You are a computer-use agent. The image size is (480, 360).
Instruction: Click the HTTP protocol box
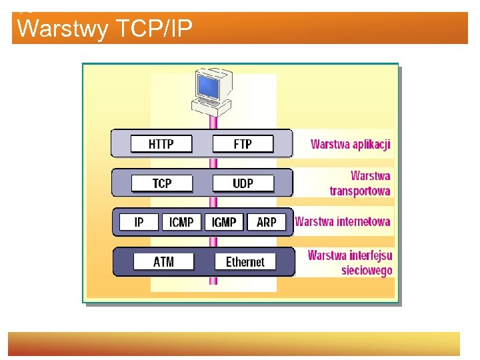pyautogui.click(x=161, y=144)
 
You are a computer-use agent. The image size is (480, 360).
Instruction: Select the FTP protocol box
pyautogui.click(x=242, y=144)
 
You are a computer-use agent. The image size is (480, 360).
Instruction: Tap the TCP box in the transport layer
pyautogui.click(x=162, y=183)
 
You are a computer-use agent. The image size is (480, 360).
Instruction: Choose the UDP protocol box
pyautogui.click(x=243, y=183)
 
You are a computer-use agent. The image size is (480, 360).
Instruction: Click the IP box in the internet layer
pyautogui.click(x=139, y=222)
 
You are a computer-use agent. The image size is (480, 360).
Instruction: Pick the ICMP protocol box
pyautogui.click(x=181, y=222)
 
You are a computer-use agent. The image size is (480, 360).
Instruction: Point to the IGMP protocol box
pyautogui.click(x=224, y=222)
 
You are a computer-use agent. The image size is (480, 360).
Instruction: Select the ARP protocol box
pyautogui.click(x=266, y=222)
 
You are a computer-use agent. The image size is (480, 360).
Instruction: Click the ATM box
pyautogui.click(x=163, y=262)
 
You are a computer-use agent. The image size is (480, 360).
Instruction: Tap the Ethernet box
pyautogui.click(x=245, y=262)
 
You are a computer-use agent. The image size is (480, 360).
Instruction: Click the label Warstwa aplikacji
pyautogui.click(x=351, y=144)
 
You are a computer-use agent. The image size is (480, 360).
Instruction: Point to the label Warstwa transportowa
pyautogui.click(x=361, y=183)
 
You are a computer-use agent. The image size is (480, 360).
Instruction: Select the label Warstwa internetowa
pyautogui.click(x=343, y=221)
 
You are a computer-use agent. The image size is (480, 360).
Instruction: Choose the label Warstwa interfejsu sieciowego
pyautogui.click(x=351, y=263)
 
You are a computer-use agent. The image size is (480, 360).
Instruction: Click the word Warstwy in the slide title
pyautogui.click(x=63, y=29)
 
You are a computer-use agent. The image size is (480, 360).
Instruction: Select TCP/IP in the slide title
pyautogui.click(x=154, y=29)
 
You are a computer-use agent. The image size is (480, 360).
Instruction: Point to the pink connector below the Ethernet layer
pyautogui.click(x=213, y=281)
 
